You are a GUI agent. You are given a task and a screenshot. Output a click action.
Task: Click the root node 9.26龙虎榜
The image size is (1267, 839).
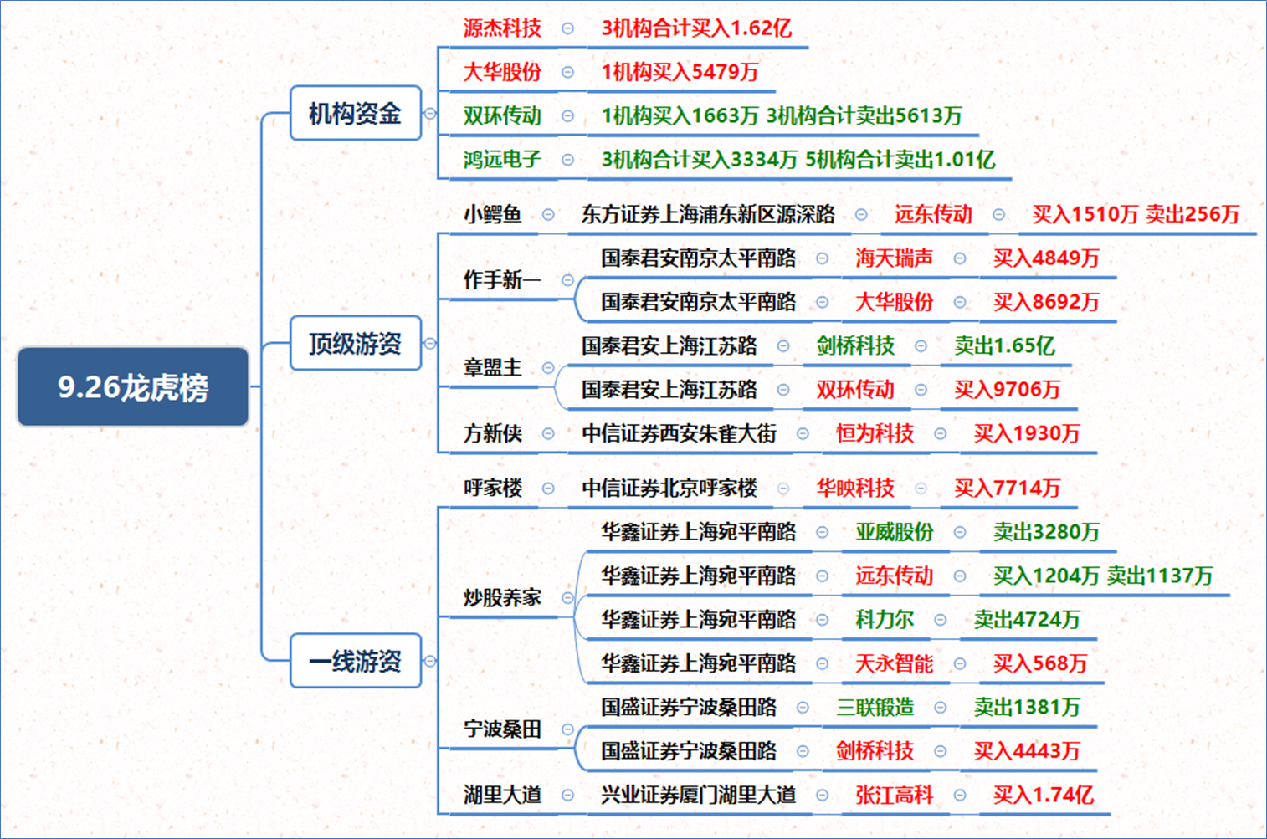click(x=133, y=386)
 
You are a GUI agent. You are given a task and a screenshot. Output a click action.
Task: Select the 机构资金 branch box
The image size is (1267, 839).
click(x=356, y=113)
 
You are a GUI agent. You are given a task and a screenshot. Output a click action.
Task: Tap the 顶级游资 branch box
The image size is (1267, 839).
click(x=356, y=343)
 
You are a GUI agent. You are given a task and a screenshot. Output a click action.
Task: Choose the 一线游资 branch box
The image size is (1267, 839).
click(x=356, y=661)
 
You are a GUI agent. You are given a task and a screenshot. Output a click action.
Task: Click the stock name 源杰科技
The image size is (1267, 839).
click(x=502, y=28)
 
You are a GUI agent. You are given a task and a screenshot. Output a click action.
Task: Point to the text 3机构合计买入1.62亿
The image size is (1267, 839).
click(x=697, y=28)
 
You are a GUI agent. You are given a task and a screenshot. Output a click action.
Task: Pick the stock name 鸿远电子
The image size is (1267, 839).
click(x=502, y=160)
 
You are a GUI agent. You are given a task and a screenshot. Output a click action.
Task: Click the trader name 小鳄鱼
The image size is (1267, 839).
click(x=493, y=214)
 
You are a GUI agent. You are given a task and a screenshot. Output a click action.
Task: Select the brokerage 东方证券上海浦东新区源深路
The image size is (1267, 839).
click(x=708, y=214)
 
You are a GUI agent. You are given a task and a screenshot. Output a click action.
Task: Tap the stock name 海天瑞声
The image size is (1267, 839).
click(x=895, y=258)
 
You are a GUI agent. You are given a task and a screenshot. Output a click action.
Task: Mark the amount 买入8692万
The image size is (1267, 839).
click(x=1046, y=302)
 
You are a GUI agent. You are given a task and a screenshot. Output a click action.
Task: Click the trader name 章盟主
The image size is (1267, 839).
click(x=493, y=367)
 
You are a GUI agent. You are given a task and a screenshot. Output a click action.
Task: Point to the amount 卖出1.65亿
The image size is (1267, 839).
click(x=1005, y=345)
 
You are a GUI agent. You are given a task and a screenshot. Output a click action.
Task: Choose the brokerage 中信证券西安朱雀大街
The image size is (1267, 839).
click(x=680, y=433)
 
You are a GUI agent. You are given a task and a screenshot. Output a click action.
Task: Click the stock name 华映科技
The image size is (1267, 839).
click(x=855, y=488)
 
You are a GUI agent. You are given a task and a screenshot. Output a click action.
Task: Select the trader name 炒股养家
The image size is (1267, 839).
click(x=502, y=597)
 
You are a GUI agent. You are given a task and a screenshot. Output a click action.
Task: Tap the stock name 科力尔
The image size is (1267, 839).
click(x=885, y=620)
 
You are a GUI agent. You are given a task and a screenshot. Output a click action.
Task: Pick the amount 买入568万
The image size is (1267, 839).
click(x=1041, y=663)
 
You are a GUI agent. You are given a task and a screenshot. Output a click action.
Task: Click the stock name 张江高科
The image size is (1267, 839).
click(x=895, y=795)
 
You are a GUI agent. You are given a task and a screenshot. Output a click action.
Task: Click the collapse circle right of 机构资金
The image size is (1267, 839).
click(x=430, y=113)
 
